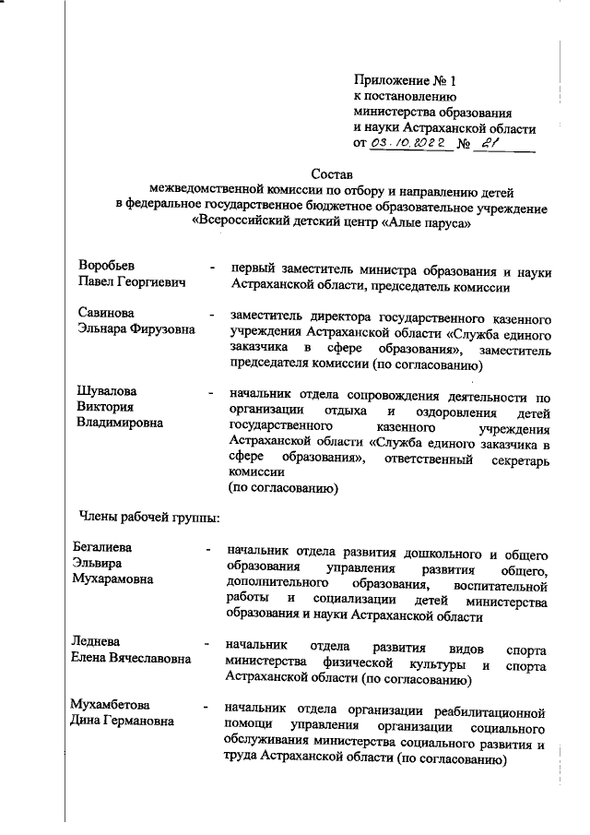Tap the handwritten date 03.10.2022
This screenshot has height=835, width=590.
point(408,144)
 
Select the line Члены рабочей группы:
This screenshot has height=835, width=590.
point(147,517)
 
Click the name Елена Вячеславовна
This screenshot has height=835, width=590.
point(132,659)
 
